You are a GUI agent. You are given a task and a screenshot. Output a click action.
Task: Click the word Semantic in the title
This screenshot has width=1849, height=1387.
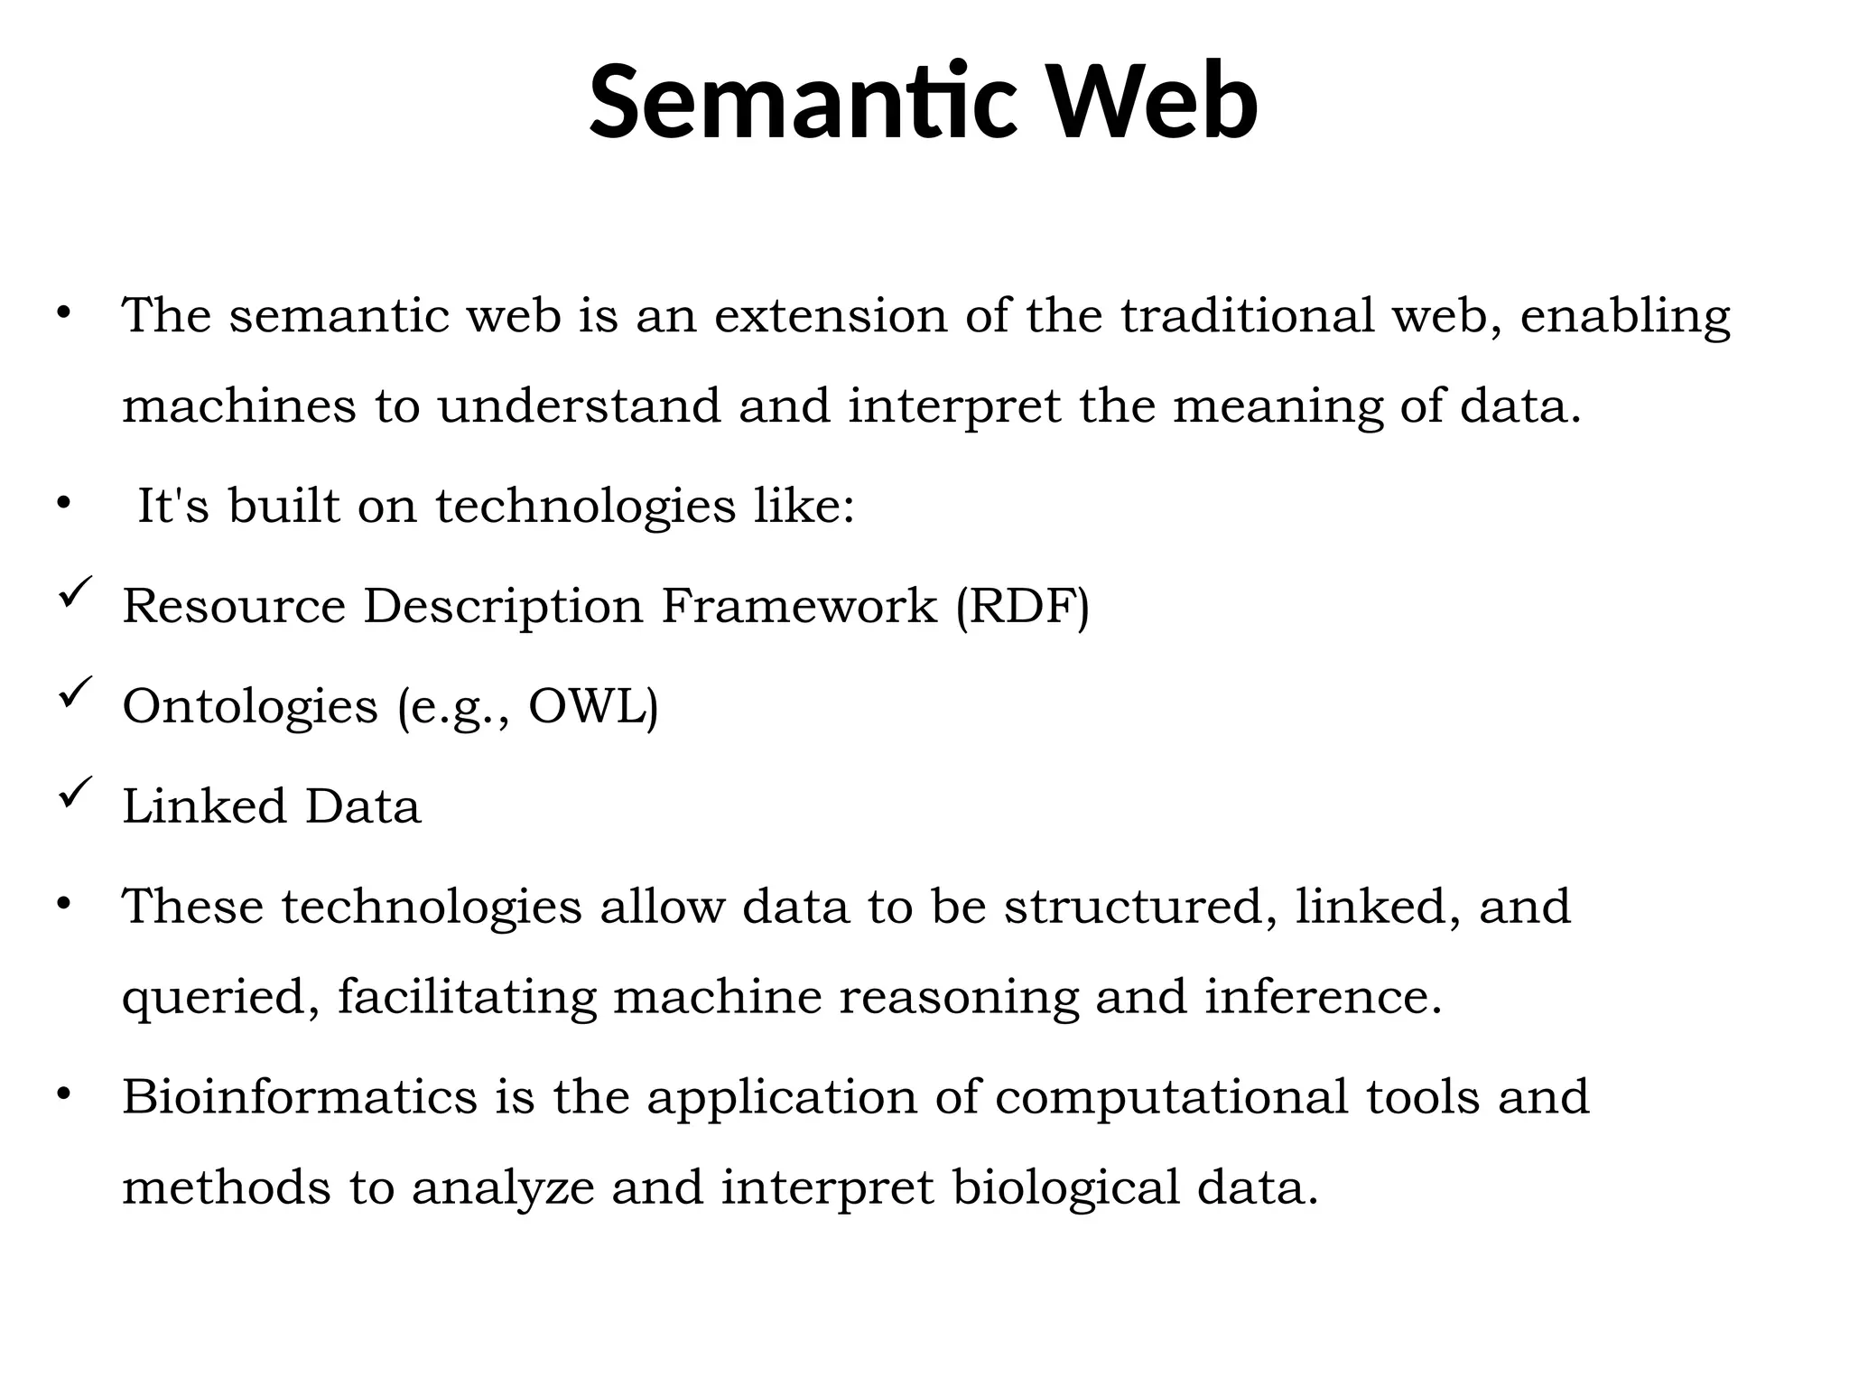click(803, 101)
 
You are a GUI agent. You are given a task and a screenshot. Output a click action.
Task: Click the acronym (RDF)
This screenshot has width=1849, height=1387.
click(1022, 606)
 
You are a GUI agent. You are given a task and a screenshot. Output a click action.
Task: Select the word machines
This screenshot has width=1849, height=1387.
click(239, 406)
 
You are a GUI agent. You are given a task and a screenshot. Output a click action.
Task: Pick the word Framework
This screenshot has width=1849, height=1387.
click(799, 606)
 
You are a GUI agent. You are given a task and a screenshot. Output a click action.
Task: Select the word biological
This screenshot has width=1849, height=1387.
click(1065, 1189)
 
